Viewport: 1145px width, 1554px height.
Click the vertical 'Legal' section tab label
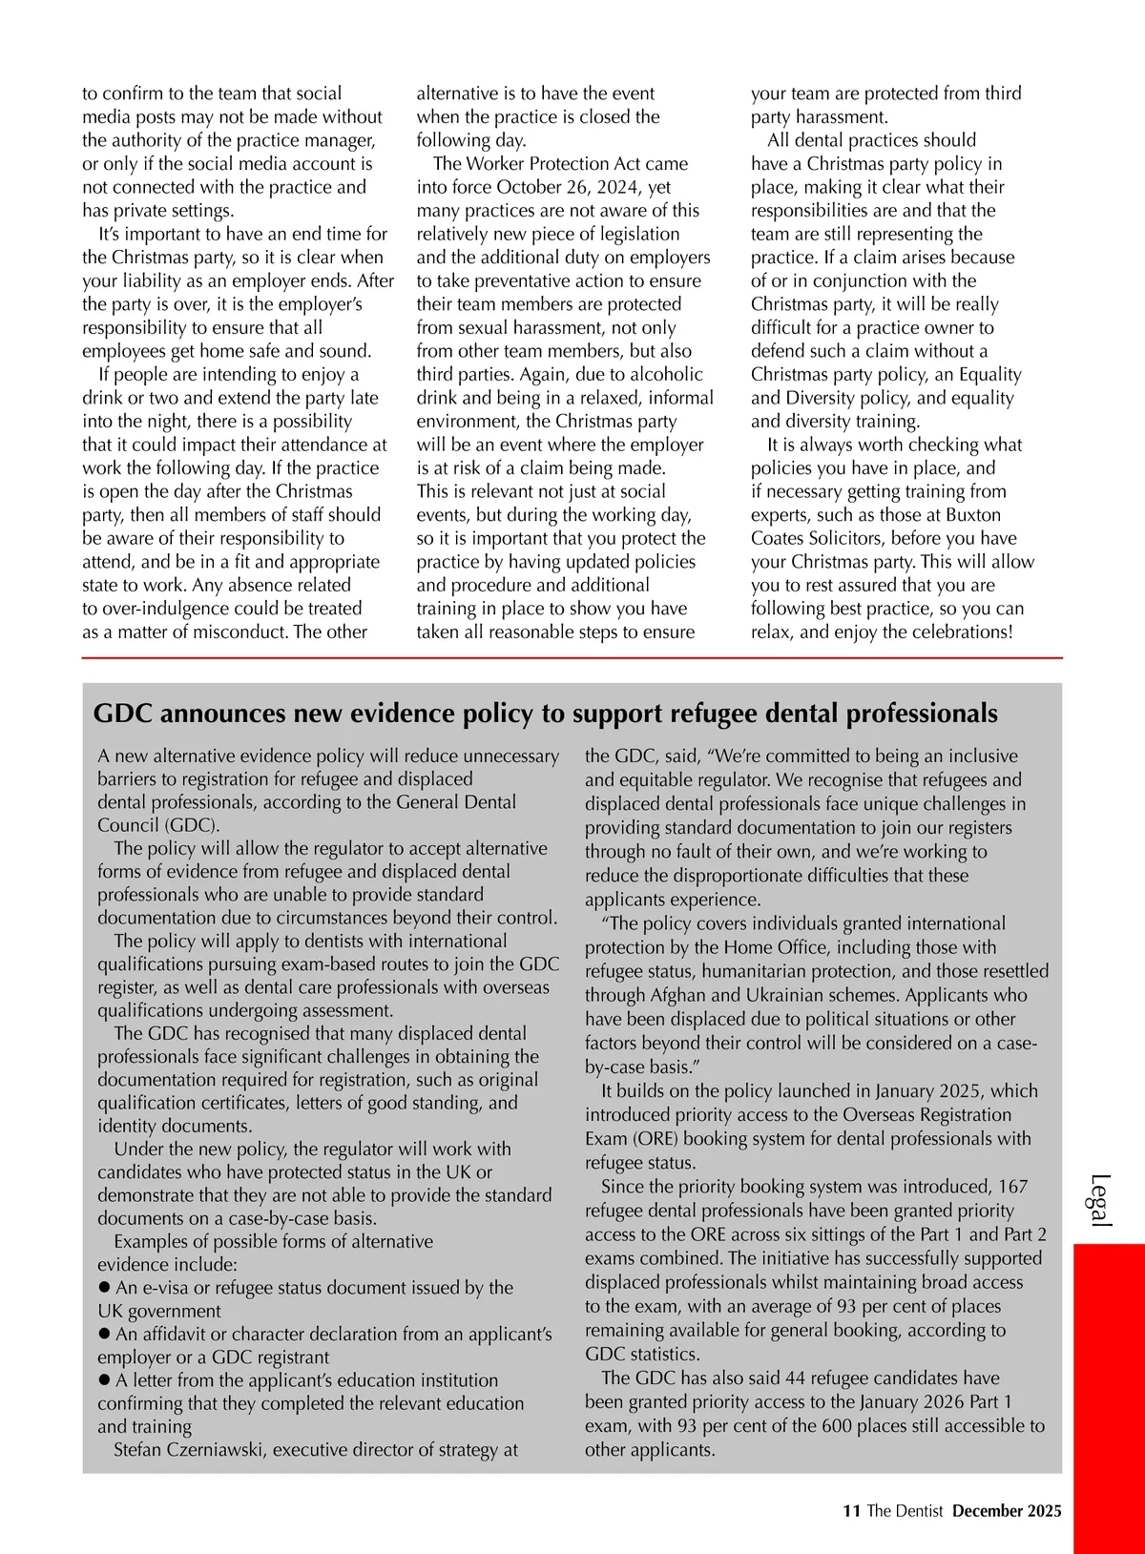[1100, 1200]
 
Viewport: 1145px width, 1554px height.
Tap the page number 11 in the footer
[852, 1510]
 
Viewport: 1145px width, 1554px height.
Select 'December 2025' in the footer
[1007, 1510]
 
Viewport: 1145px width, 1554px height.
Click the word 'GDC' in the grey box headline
[126, 714]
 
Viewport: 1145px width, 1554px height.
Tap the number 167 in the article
[1012, 1187]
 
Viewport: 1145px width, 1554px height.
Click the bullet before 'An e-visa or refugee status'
[104, 1287]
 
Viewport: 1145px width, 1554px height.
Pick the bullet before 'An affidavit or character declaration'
[104, 1334]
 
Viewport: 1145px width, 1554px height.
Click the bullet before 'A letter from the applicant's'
[104, 1379]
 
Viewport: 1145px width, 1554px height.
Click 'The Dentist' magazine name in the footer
[905, 1510]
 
